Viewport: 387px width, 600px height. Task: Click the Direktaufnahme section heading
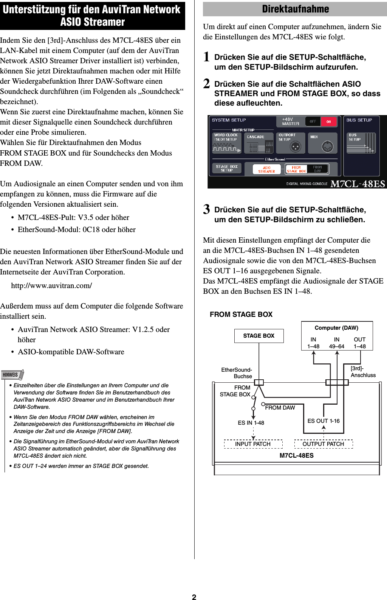(x=295, y=9)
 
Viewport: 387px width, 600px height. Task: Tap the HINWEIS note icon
(x=12, y=375)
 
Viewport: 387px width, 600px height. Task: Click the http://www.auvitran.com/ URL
(x=51, y=285)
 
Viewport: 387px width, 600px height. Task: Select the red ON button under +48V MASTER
(x=328, y=122)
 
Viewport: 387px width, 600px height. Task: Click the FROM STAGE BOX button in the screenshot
(x=296, y=169)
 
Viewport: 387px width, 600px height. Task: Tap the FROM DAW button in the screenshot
(x=317, y=169)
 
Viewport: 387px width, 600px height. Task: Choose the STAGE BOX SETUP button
(x=227, y=168)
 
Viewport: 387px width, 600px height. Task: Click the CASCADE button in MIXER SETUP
(x=259, y=143)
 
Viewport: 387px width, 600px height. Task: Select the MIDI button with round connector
(x=322, y=143)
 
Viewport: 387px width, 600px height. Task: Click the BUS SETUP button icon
(x=361, y=143)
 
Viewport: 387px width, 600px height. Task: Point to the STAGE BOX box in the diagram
(x=259, y=336)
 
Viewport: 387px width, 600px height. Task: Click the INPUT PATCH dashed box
(x=253, y=444)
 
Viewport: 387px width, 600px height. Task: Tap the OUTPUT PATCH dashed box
(x=323, y=444)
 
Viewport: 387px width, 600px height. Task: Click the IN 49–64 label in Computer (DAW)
(x=336, y=343)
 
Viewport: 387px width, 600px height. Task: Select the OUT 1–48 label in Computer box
(x=359, y=343)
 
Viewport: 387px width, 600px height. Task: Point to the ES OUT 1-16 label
(x=324, y=421)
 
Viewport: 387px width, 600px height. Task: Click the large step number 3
(x=206, y=209)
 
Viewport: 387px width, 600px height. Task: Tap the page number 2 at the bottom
(x=194, y=597)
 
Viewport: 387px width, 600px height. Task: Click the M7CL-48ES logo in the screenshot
(x=358, y=184)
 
